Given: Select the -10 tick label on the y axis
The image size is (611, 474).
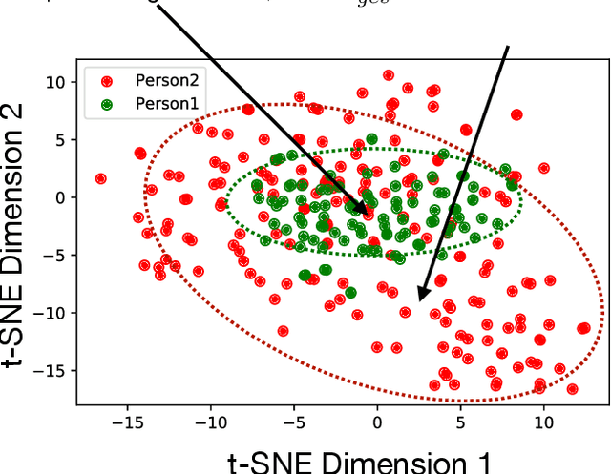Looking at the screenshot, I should tap(50, 313).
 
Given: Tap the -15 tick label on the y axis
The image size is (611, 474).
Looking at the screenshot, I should tap(50, 370).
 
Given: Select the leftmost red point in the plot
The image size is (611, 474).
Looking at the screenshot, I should tap(100, 178).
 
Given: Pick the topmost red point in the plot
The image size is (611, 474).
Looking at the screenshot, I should tap(388, 74).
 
